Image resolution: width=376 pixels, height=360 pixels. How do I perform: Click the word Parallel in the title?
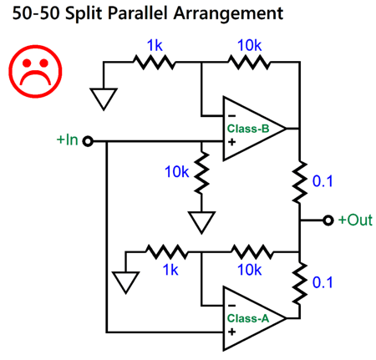click(x=141, y=14)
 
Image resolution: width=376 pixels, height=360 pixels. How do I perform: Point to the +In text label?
click(x=68, y=140)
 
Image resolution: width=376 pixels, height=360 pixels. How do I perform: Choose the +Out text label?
click(x=353, y=221)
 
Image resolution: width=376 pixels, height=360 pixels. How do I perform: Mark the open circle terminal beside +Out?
click(x=328, y=221)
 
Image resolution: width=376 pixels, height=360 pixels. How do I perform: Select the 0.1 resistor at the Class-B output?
click(x=299, y=181)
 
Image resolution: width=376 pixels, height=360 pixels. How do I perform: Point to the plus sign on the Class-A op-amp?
click(x=230, y=332)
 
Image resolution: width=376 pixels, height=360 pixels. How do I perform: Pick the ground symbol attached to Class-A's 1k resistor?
click(x=125, y=281)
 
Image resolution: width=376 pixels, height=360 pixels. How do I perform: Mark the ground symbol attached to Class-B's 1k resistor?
click(x=104, y=99)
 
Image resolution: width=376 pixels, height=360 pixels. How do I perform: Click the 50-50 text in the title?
click(x=30, y=14)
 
